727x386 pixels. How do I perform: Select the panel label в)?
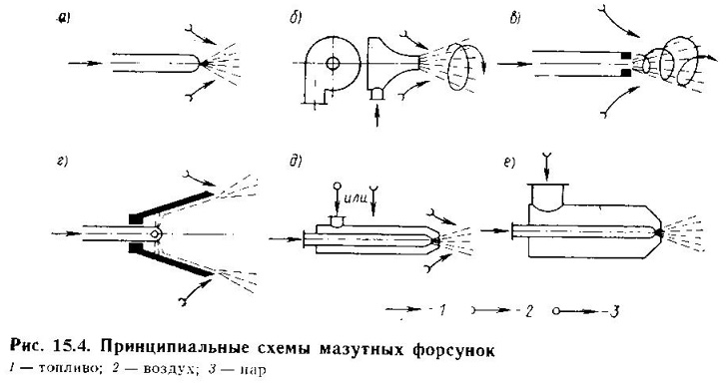pyautogui.click(x=515, y=19)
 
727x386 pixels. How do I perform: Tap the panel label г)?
pyautogui.click(x=62, y=163)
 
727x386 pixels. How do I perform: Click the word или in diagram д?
pyautogui.click(x=357, y=198)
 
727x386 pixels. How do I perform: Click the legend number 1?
pyautogui.click(x=441, y=310)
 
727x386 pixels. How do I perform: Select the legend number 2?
pyautogui.click(x=528, y=310)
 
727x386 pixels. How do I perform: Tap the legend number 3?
pyautogui.click(x=614, y=310)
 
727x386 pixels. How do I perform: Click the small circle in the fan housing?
pyautogui.click(x=332, y=63)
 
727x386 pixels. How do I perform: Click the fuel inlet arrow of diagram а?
pyautogui.click(x=85, y=63)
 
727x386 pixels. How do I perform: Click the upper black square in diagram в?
pyautogui.click(x=626, y=56)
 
